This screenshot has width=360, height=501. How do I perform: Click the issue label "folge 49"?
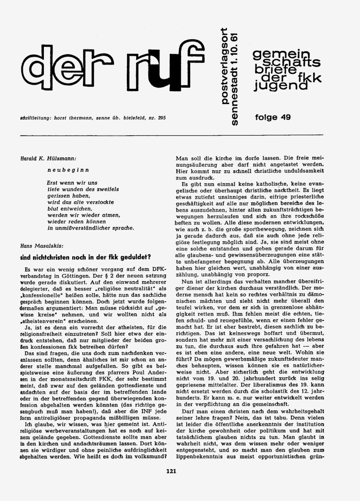click(272, 117)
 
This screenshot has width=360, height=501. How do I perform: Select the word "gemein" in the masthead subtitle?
click(273, 54)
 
